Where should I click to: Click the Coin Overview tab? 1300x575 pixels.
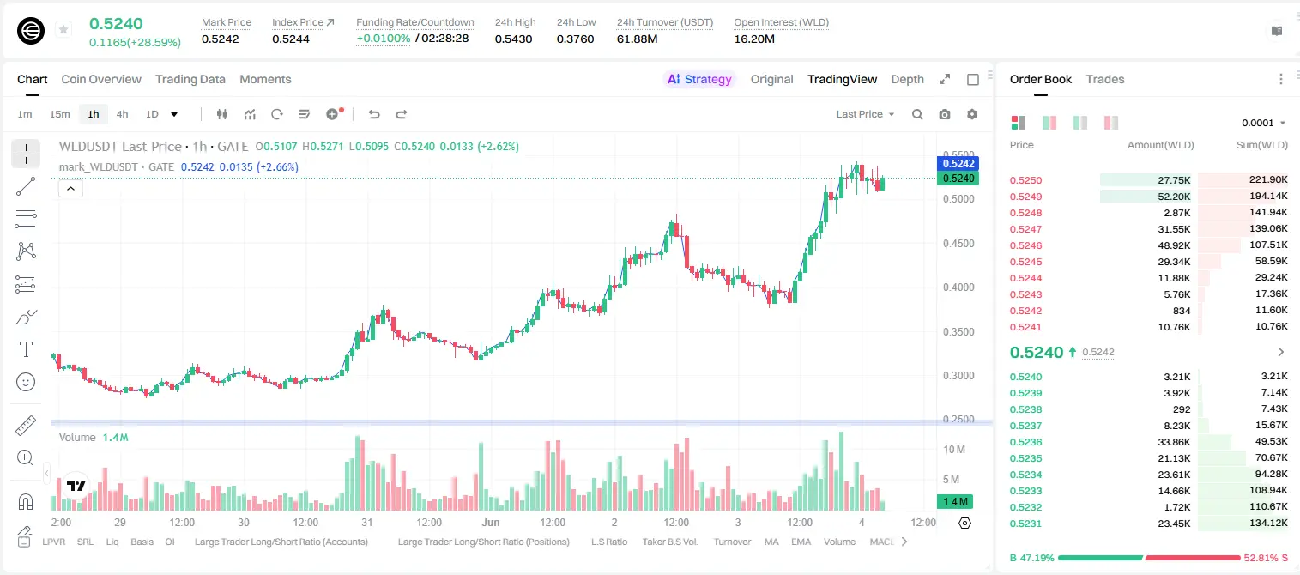pos(101,79)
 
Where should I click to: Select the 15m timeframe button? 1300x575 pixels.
pos(60,114)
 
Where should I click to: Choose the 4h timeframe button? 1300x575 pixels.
pos(122,114)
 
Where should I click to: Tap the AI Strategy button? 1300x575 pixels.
pos(699,79)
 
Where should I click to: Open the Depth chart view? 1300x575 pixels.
pos(907,79)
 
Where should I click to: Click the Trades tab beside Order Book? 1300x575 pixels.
pos(1105,79)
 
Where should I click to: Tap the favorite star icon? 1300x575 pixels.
pos(63,29)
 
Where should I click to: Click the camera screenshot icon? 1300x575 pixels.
pos(945,114)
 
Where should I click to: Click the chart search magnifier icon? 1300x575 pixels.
pos(917,114)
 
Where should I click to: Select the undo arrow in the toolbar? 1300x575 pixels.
pos(374,114)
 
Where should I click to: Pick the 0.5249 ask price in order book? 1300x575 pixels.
pos(1025,197)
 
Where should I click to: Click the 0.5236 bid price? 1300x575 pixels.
pos(1025,442)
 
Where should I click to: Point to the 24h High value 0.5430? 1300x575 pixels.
pos(513,39)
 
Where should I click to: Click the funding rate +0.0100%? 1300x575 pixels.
pos(383,39)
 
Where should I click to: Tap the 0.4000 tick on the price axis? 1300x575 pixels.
pos(958,287)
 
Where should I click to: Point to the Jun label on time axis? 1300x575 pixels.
pos(491,522)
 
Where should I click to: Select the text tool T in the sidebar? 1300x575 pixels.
pos(26,349)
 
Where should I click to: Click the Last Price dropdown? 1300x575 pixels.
pos(865,114)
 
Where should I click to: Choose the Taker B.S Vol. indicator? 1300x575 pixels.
pos(669,542)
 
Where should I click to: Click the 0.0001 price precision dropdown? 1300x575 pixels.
pos(1263,123)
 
